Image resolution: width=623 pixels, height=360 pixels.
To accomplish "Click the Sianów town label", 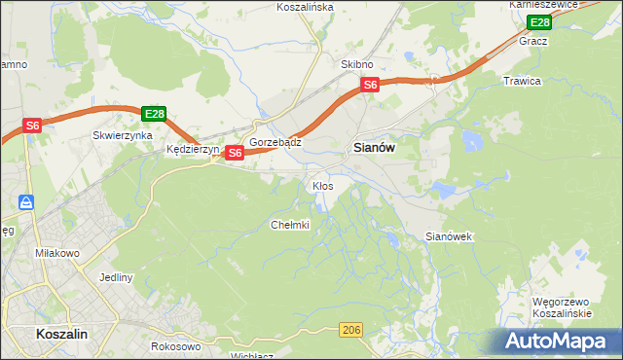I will coord(371,148).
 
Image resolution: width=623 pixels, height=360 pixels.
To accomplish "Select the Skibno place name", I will coord(357,64).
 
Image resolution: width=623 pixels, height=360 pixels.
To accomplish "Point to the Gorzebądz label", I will coord(275,142).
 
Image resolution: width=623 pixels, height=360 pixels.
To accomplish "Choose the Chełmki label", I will coord(289,225).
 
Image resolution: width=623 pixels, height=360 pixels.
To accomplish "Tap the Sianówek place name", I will coord(449,236).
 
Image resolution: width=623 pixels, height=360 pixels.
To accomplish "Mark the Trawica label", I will coord(522,81).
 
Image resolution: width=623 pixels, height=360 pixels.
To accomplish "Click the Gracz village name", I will coord(533,42).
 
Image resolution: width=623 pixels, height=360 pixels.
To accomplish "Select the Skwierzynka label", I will coord(123,136).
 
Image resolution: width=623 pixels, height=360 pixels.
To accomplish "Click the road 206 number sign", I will coord(352,332).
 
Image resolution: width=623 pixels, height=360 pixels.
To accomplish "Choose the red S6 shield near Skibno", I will coord(370,86).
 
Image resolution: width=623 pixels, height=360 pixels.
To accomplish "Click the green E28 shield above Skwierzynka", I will coord(154,114).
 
